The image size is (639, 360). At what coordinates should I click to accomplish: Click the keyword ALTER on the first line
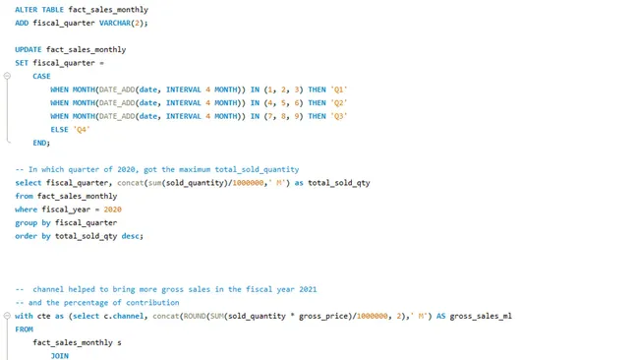click(27, 9)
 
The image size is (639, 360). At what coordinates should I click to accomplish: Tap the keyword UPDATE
click(29, 49)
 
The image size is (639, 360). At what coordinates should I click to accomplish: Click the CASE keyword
click(41, 76)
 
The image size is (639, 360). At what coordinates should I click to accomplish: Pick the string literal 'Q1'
click(339, 90)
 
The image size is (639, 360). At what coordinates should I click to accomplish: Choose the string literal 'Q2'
click(339, 102)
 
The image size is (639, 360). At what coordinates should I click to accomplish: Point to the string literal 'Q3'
click(339, 116)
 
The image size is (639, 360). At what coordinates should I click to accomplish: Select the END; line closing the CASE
click(41, 143)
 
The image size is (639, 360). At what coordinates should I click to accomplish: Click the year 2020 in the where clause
click(112, 209)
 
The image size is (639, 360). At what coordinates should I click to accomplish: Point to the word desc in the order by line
click(132, 236)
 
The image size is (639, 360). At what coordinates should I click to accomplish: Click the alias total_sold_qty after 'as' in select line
click(339, 182)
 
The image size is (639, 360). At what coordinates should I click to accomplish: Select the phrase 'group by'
click(32, 222)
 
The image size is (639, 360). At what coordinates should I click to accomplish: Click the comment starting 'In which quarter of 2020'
click(157, 169)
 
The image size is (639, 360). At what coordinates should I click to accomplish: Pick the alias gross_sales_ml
click(481, 316)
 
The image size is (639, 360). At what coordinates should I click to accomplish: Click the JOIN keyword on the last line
click(59, 355)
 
